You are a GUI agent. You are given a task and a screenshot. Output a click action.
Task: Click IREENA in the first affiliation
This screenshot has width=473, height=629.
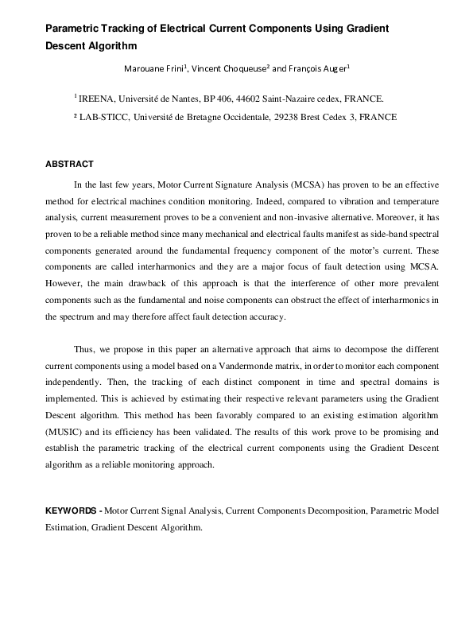[96, 99]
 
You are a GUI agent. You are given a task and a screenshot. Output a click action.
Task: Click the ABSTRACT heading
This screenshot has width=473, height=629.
[69, 164]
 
